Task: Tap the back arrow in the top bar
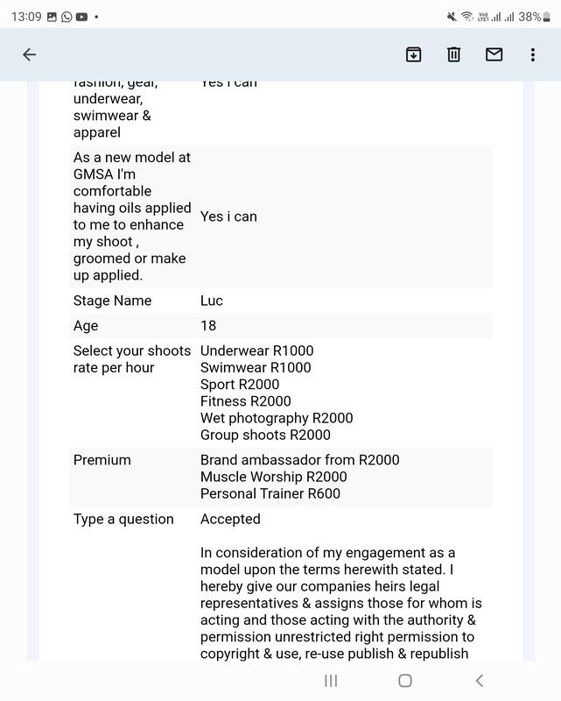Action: point(29,54)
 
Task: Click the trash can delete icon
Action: point(453,54)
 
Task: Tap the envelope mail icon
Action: point(494,54)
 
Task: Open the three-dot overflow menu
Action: point(532,54)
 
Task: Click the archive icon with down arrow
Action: point(413,54)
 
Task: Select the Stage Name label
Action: point(112,301)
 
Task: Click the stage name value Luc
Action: point(212,301)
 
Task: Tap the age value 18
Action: point(208,326)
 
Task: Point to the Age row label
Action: point(86,326)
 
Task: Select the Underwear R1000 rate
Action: point(256,350)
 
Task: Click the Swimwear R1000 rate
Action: point(256,367)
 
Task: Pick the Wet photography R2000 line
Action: point(277,418)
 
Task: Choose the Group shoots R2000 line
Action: point(265,435)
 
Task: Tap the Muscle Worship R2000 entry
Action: point(273,477)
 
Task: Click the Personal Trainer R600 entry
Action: point(270,493)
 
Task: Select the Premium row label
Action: point(102,460)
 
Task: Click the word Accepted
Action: point(230,519)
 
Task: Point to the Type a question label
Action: point(123,519)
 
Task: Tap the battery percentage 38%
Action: point(529,17)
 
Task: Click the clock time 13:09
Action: point(26,17)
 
